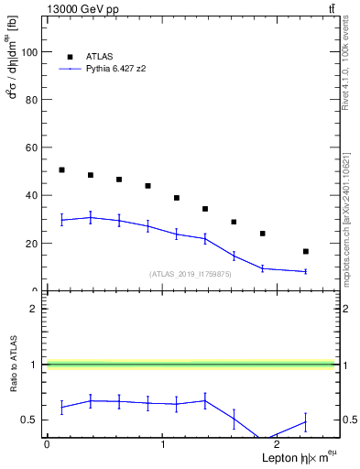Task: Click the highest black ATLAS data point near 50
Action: [61, 169]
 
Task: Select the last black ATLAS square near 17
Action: [305, 251]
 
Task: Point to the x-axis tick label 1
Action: [163, 444]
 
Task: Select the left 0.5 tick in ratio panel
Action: [31, 420]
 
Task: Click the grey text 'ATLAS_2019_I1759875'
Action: [191, 274]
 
